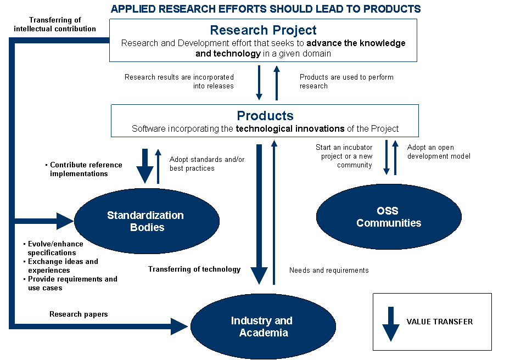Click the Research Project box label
coord(263,30)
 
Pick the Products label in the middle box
coord(265,116)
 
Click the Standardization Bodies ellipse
coord(147,221)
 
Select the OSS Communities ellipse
coord(389,217)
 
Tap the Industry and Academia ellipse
coord(262,327)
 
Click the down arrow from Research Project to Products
coord(259,82)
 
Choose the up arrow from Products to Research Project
coord(276,82)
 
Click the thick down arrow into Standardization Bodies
coord(145,165)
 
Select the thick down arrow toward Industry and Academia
coord(259,214)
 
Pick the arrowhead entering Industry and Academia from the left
coord(180,327)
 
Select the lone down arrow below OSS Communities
coord(391,324)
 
